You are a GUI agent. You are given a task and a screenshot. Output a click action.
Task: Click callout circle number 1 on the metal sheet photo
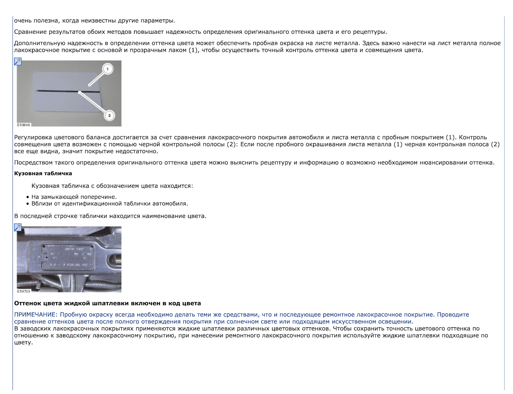click(107, 69)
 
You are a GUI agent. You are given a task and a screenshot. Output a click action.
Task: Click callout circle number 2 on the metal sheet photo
click(109, 116)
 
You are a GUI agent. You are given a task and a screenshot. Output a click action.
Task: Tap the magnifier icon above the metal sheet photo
click(18, 61)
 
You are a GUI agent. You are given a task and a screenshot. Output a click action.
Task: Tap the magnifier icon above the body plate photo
click(18, 227)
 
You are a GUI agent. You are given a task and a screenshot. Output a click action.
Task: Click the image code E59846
click(24, 125)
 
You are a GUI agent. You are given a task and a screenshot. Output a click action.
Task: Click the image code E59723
click(24, 291)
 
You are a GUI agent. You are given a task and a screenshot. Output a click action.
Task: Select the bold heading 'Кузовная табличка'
click(43, 173)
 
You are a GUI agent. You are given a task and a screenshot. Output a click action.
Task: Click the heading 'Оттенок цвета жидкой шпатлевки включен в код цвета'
click(107, 303)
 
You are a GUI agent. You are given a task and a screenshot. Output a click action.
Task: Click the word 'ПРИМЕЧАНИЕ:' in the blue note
click(36, 315)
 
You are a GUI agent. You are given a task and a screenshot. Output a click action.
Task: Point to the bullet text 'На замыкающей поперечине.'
click(74, 197)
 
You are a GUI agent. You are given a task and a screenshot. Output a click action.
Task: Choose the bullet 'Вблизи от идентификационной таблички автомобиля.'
click(110, 204)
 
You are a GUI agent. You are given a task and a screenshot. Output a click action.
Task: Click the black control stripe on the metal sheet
click(67, 92)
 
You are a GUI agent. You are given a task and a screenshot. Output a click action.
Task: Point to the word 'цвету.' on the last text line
click(24, 342)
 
